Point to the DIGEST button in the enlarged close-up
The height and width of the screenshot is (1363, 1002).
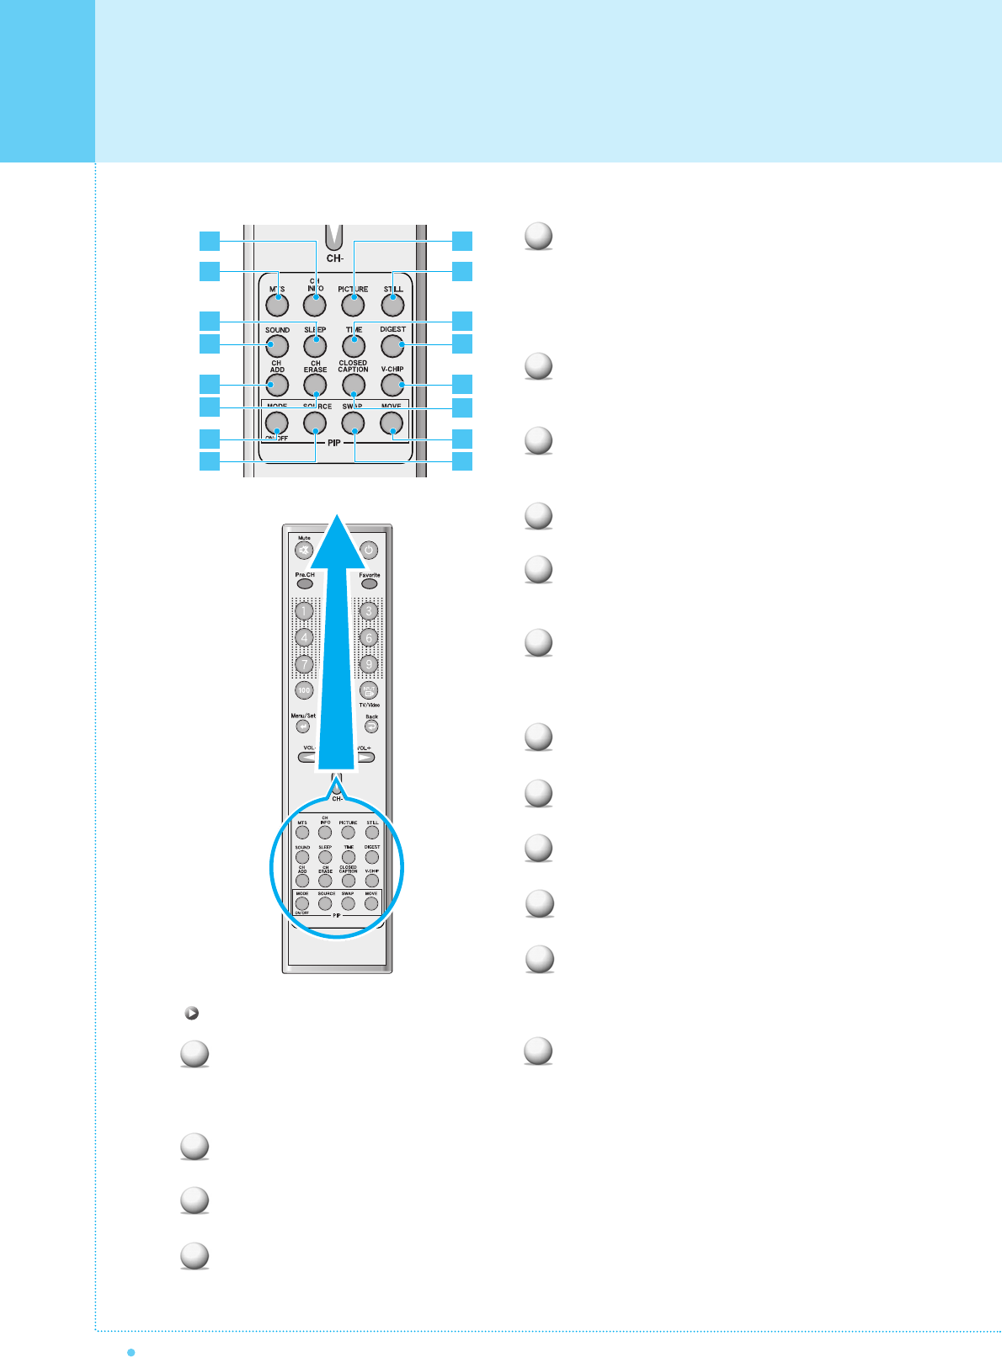coord(392,345)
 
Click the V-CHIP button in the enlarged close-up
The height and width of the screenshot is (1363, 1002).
coord(392,385)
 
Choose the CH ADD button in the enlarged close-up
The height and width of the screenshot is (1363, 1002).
coord(277,385)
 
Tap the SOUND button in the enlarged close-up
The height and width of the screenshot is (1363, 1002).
coord(277,345)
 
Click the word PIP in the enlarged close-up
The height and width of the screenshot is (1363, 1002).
coord(335,443)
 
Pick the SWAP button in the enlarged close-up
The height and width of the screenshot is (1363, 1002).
coord(354,423)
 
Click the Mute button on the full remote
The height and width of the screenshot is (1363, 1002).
coord(304,551)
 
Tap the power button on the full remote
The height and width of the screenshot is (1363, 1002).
coord(369,551)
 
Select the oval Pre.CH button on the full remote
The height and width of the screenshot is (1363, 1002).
coord(305,583)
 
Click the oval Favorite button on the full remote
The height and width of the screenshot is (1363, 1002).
coord(369,583)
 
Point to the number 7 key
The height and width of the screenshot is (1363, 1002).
coord(305,664)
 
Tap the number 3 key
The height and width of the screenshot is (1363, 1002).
coord(368,611)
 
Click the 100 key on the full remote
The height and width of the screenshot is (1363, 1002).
coord(304,690)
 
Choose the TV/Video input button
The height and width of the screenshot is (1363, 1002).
coord(369,690)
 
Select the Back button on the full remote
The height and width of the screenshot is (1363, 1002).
coord(371,727)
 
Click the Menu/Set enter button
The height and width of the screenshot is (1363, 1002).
coord(303,727)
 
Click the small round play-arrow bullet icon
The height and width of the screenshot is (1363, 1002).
coord(191,1014)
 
